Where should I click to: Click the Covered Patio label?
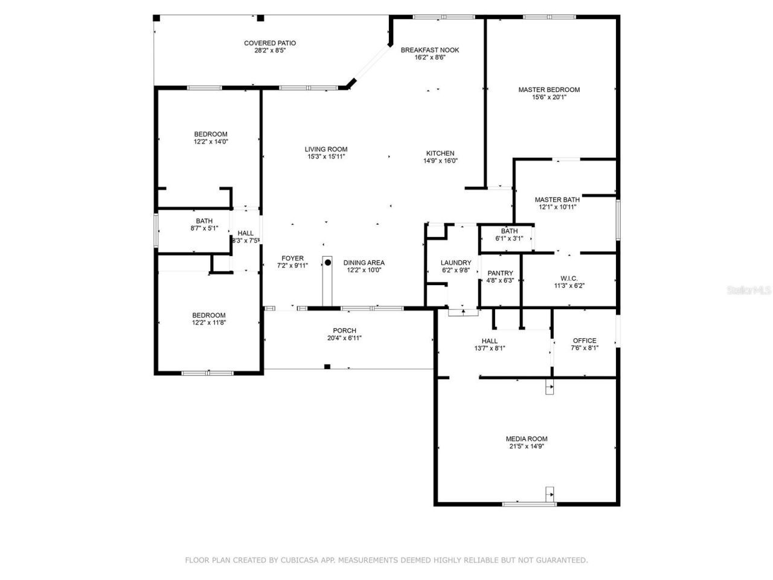click(269, 43)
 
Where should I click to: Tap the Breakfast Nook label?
click(430, 50)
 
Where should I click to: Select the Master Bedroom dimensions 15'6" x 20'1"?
click(548, 97)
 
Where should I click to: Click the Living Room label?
click(326, 149)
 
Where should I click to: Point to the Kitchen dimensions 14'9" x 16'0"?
click(440, 161)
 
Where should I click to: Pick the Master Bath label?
click(557, 199)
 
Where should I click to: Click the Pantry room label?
click(500, 273)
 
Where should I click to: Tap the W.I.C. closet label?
click(569, 279)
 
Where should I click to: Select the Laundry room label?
click(455, 263)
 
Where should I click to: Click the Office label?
click(584, 341)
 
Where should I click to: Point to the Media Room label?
click(527, 439)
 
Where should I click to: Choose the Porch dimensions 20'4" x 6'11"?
click(344, 338)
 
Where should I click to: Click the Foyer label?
click(292, 259)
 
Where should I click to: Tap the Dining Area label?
click(364, 263)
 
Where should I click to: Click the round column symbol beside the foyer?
click(327, 262)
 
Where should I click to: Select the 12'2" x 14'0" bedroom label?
click(211, 134)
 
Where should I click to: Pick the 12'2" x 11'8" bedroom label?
click(209, 315)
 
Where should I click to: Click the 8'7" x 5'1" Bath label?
click(204, 221)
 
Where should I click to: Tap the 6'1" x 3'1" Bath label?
click(509, 231)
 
